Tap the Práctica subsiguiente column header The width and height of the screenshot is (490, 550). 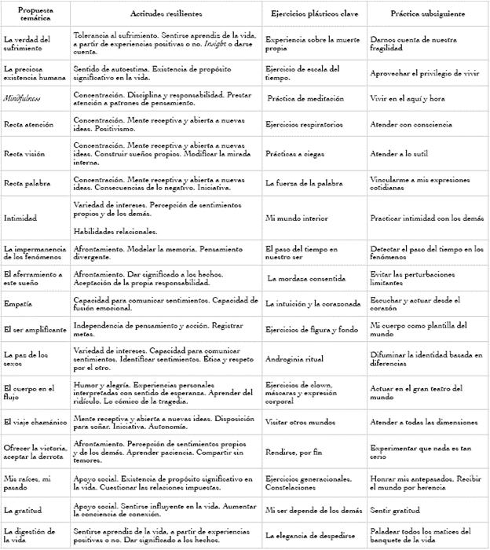click(427, 15)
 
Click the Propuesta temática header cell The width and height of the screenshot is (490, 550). click(34, 15)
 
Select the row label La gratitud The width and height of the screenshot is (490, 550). click(24, 511)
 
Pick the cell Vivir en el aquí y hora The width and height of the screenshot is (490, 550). click(411, 98)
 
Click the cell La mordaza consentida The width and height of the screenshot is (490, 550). click(308, 278)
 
